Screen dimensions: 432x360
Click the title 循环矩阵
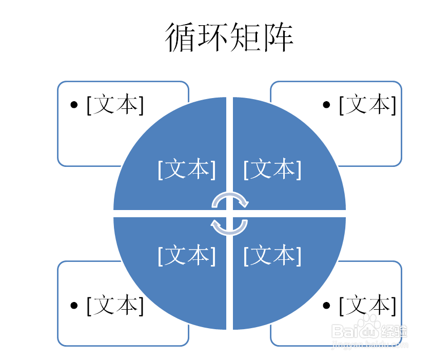coord(229,37)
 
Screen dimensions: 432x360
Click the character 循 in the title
coord(181,37)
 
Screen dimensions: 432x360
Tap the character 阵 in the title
coord(278,37)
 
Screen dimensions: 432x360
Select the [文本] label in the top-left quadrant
coord(187,169)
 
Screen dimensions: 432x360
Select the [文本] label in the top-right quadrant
coord(272,169)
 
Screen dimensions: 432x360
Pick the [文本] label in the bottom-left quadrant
coord(187,255)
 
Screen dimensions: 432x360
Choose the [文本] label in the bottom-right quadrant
coord(272,255)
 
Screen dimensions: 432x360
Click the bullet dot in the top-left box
coord(74,105)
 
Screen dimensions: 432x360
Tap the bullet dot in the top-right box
coord(326,105)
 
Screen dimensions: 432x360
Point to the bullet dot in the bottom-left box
coord(74,305)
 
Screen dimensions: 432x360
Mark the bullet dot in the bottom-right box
coord(326,305)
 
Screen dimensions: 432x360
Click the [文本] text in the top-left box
coord(115,104)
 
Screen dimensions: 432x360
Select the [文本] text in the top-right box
coord(367,104)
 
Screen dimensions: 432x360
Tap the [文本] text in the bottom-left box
coord(115,305)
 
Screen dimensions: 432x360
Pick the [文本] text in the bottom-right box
coord(367,305)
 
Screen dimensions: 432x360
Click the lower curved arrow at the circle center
coord(229,233)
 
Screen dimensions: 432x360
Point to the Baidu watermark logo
coord(369,330)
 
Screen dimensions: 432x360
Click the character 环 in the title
coord(213,37)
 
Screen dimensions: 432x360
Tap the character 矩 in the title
coord(245,37)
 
